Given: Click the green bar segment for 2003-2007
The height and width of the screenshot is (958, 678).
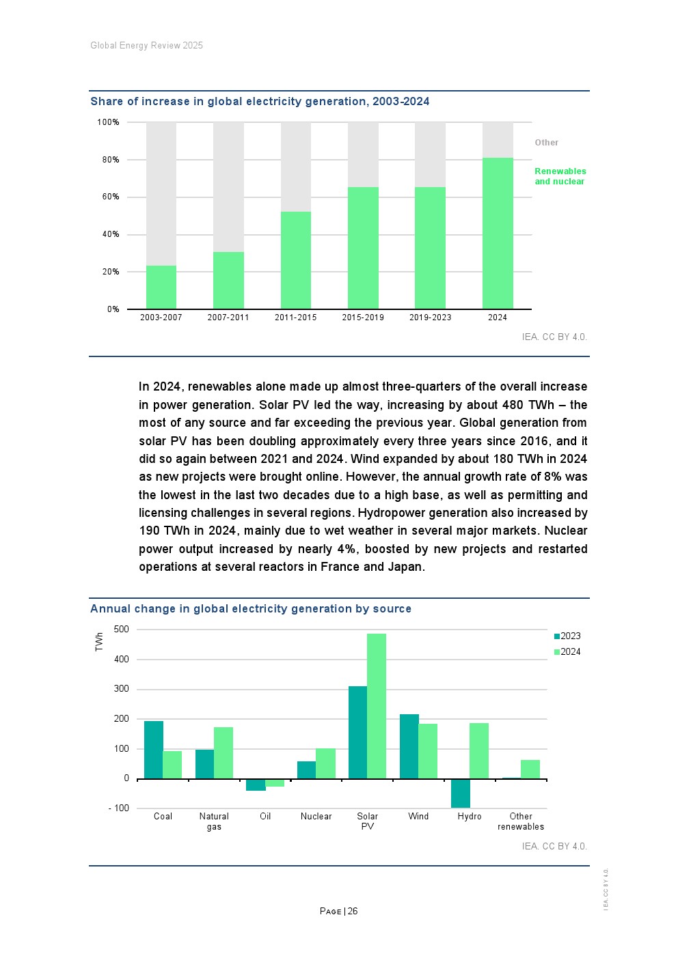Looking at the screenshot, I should [x=161, y=287].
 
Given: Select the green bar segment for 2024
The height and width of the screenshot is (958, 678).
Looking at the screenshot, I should [x=498, y=233].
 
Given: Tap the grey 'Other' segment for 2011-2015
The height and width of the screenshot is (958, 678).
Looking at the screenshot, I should [x=296, y=167].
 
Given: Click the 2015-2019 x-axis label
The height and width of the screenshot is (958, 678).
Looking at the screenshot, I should [x=363, y=318].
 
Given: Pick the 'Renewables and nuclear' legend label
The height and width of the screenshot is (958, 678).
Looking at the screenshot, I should [x=560, y=176].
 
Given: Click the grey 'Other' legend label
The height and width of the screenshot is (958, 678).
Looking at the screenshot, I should [x=546, y=143].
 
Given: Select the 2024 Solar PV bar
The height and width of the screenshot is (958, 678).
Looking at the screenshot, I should [x=377, y=706].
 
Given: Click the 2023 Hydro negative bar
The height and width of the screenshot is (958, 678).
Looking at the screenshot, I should [x=461, y=793].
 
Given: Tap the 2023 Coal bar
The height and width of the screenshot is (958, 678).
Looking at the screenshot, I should [x=154, y=750].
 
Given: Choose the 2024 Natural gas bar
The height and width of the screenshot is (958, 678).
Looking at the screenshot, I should [x=223, y=752].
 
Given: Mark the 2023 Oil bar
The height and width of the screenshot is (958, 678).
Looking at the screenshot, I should [x=256, y=785].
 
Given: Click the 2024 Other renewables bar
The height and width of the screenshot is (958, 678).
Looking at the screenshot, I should [x=530, y=769].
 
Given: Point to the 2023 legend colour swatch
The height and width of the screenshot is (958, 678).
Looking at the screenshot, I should [x=557, y=636].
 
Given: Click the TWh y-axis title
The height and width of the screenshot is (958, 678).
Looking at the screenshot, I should [x=99, y=641].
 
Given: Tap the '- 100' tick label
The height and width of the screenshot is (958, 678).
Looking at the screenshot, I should [x=119, y=808].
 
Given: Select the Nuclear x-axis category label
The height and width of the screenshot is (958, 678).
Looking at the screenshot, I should [x=316, y=817].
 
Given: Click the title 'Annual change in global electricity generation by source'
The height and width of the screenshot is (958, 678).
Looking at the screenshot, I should [x=251, y=609].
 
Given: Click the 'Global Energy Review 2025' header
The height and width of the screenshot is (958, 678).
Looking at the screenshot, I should [x=146, y=46].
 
